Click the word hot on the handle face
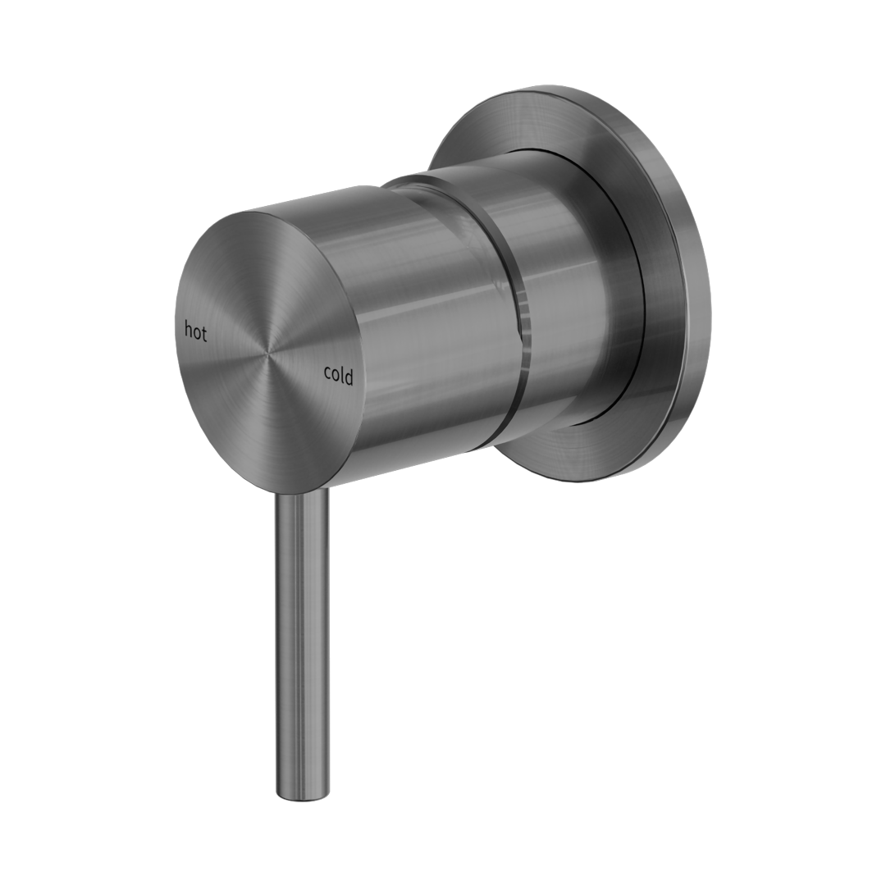[195, 332]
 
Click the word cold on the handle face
[338, 375]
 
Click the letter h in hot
[188, 331]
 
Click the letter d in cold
[349, 376]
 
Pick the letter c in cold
[327, 375]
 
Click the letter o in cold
[335, 377]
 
